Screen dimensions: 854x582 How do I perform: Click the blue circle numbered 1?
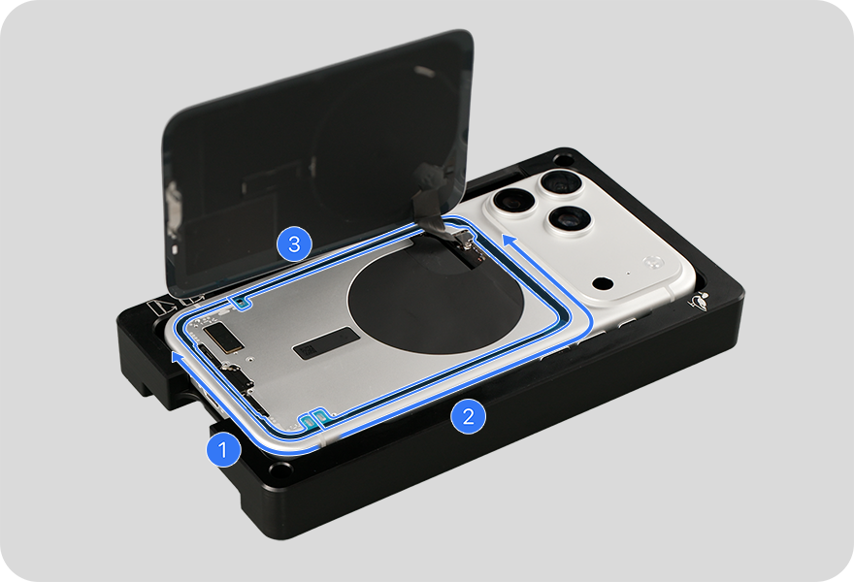coord(223,451)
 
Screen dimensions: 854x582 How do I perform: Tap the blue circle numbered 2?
coord(468,417)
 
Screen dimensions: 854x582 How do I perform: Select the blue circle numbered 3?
coord(294,243)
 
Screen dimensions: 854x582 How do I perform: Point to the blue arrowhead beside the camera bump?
coord(509,241)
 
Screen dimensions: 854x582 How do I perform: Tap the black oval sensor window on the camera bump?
coord(603,284)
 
